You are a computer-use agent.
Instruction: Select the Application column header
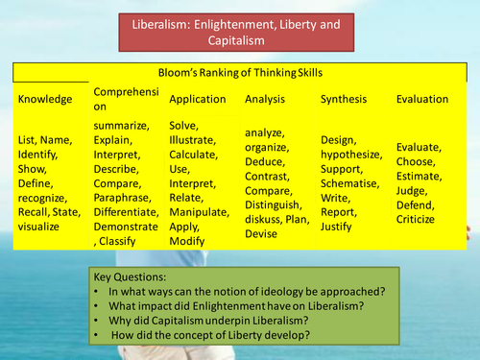click(198, 99)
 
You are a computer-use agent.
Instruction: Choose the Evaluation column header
click(423, 99)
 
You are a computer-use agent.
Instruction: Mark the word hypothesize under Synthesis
click(350, 156)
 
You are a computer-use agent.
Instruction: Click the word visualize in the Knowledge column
click(38, 227)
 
